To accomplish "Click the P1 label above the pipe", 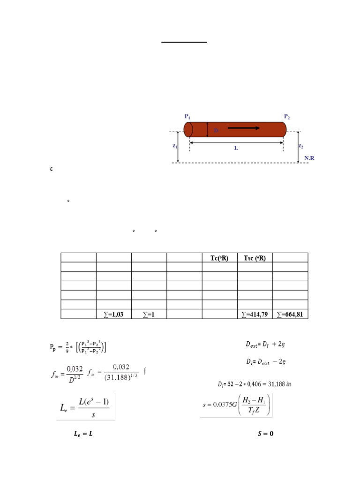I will point(188,116).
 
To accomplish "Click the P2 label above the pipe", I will point(287,116).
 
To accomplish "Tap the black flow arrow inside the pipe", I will point(244,128).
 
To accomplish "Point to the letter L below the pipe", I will point(236,148).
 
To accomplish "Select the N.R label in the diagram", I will point(309,158).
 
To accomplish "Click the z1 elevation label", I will point(174,146).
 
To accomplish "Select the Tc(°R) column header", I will point(219,257).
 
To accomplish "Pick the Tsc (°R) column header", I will point(255,257).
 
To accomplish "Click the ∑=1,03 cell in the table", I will point(113,314).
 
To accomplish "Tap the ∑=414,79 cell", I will point(255,314).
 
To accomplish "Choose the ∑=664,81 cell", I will point(290,314).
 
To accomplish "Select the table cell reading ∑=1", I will point(149,314).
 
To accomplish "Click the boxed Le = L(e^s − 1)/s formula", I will point(86,406).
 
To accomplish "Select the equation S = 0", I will point(265,434).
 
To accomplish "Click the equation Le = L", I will point(83,434).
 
